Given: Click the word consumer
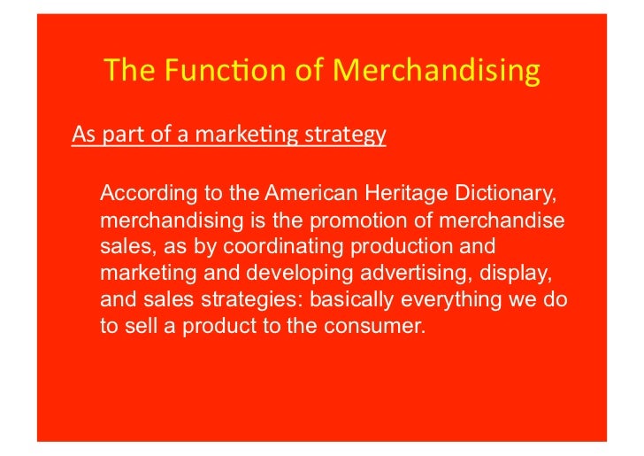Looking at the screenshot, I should [x=382, y=325].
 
